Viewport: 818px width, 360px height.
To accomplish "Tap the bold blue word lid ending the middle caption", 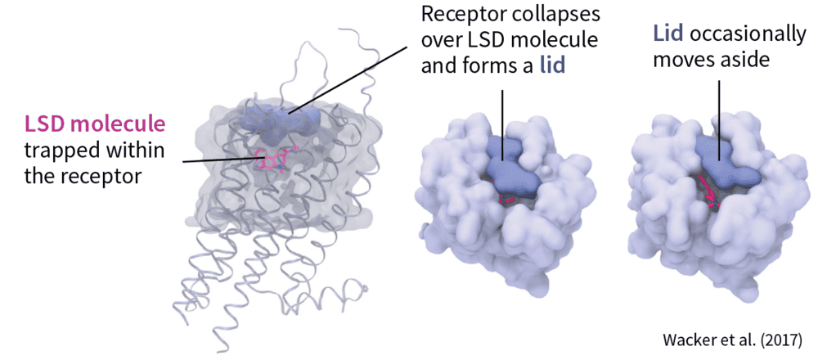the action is [552, 67].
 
